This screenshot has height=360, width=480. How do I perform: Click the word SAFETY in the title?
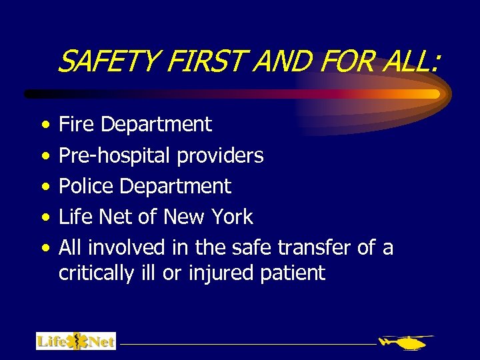coord(107,63)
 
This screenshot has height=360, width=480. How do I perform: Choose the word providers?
coord(220,155)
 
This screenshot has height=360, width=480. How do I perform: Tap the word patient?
coord(299,273)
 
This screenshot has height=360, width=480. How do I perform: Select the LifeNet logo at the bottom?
coord(76,341)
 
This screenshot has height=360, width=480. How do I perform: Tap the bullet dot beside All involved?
coord(43,249)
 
